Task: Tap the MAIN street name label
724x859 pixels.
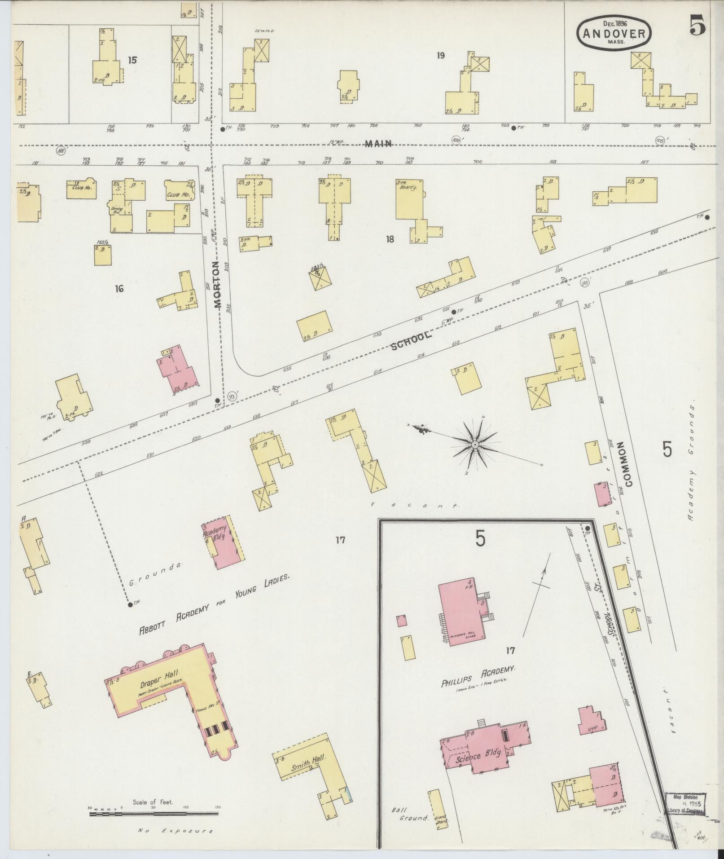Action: pyautogui.click(x=378, y=144)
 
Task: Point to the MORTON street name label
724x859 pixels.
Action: pyautogui.click(x=218, y=284)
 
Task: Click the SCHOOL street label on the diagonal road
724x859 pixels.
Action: pyautogui.click(x=411, y=341)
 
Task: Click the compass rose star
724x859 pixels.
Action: pyautogui.click(x=474, y=444)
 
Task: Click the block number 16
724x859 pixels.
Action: pyautogui.click(x=119, y=289)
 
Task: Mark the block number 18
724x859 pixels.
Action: pyautogui.click(x=389, y=239)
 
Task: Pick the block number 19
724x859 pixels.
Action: pyautogui.click(x=440, y=56)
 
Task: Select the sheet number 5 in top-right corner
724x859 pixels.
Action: pyautogui.click(x=698, y=26)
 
